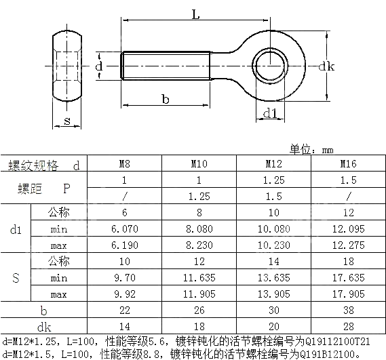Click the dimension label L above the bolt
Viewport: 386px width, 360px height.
tap(195, 14)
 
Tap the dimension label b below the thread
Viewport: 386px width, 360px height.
tap(165, 99)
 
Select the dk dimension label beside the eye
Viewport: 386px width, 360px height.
tap(326, 66)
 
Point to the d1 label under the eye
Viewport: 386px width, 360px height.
tap(269, 113)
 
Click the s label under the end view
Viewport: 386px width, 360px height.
tap(66, 121)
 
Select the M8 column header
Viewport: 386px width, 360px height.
tap(125, 165)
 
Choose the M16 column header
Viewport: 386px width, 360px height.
tap(347, 165)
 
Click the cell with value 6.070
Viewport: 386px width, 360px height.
tap(125, 228)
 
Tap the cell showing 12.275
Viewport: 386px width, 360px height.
tap(347, 245)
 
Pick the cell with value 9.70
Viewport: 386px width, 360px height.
tap(125, 277)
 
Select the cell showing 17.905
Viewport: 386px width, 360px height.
tap(347, 294)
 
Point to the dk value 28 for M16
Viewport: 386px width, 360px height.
tap(347, 325)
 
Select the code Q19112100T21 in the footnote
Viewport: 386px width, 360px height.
tap(339, 341)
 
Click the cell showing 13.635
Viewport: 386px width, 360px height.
tap(273, 277)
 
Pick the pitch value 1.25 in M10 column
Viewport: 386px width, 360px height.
tap(199, 197)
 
